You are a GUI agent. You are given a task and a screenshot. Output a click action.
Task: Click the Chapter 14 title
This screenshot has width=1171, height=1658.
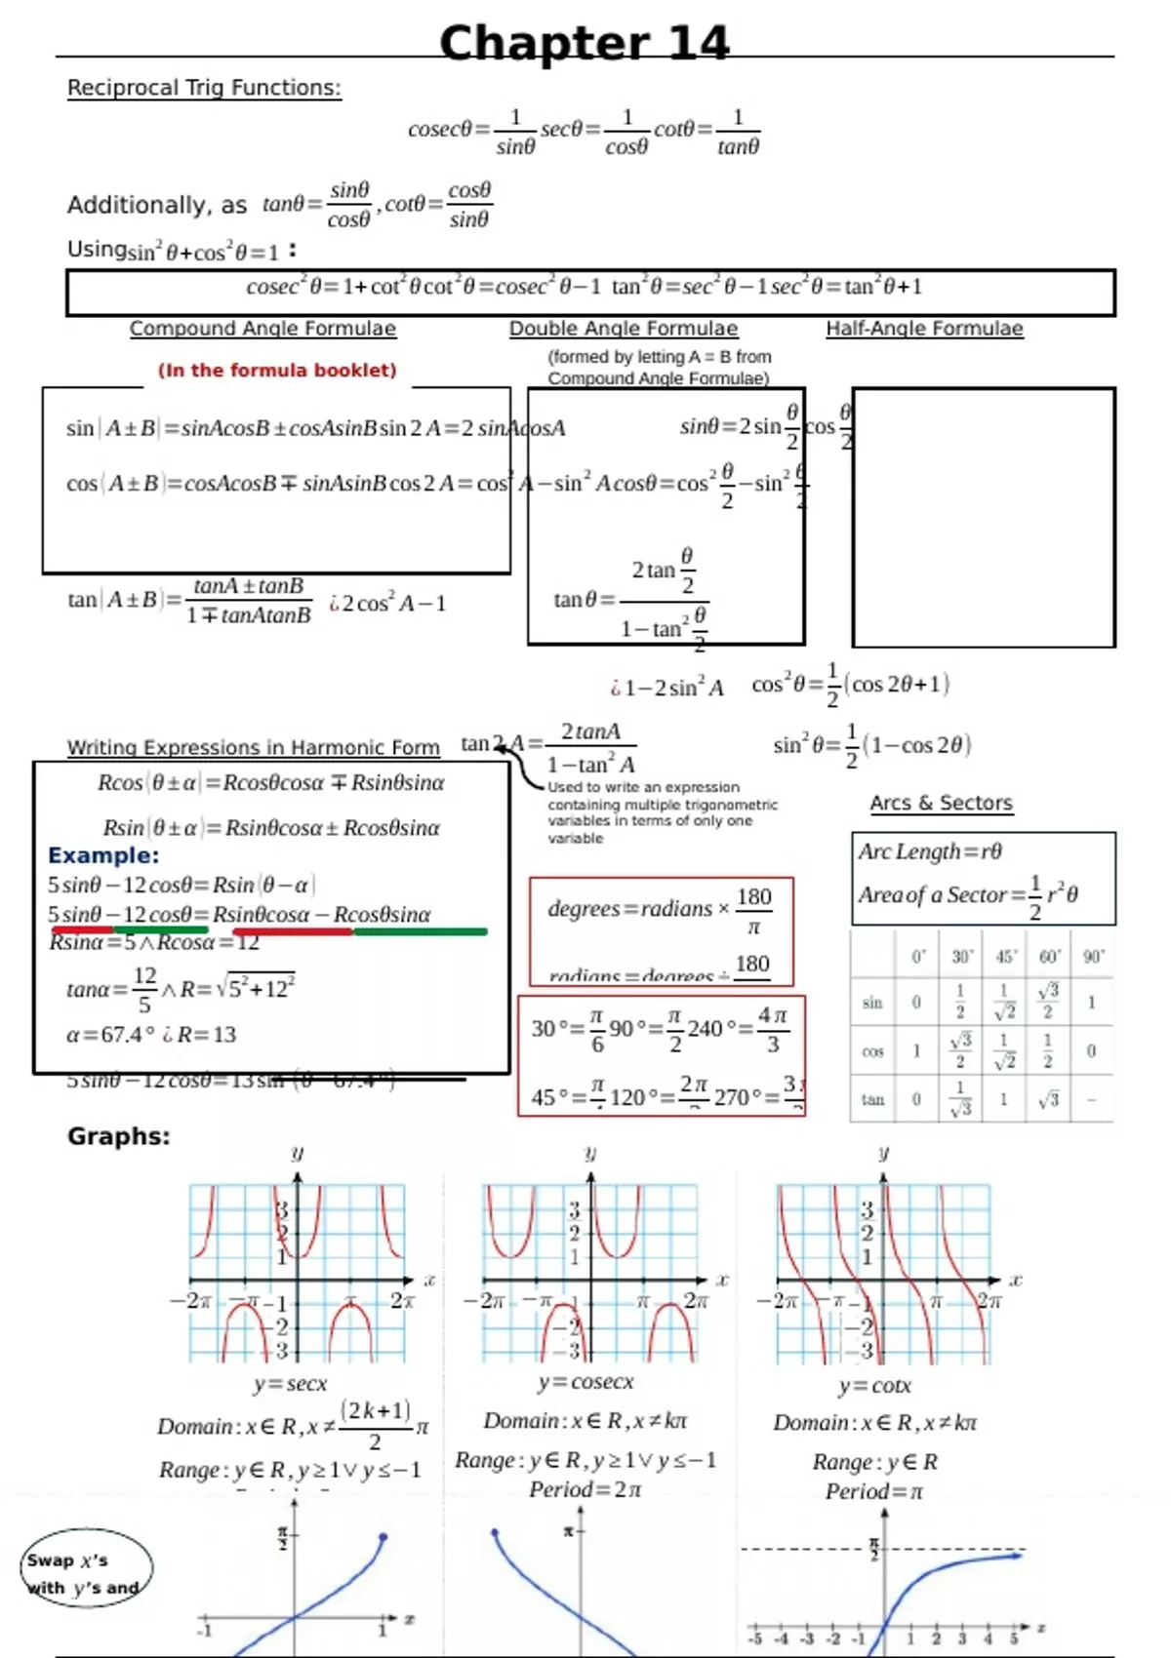[584, 44]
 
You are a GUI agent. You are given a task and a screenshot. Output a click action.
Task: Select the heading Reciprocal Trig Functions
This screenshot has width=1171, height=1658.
[204, 88]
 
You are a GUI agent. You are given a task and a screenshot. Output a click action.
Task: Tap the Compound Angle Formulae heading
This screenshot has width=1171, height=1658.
[262, 329]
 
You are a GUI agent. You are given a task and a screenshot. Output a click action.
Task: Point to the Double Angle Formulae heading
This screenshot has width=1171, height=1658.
[624, 329]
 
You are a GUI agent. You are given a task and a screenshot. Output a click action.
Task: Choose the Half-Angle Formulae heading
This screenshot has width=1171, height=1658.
[924, 329]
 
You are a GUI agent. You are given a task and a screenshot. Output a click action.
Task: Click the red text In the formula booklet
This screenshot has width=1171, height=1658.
[277, 371]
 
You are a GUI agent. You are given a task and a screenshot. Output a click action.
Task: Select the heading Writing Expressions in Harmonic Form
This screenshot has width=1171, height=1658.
[253, 747]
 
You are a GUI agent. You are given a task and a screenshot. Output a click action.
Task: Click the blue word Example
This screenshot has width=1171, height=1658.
[103, 855]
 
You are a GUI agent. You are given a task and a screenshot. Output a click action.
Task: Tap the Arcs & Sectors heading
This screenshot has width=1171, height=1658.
[941, 803]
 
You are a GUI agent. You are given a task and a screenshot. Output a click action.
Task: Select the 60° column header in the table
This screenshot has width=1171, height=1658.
[1049, 957]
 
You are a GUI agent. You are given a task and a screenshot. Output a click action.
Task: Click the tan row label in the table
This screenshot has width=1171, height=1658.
[872, 1099]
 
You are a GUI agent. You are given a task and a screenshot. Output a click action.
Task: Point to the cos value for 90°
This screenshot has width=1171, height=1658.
[1091, 1051]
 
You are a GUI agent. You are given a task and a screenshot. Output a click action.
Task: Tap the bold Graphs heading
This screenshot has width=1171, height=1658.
[118, 1136]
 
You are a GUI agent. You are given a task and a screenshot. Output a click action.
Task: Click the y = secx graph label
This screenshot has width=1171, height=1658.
[290, 1384]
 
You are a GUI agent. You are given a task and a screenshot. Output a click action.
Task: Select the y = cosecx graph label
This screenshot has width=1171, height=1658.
[585, 1382]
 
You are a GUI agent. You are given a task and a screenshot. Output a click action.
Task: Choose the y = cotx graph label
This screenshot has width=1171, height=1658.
[874, 1386]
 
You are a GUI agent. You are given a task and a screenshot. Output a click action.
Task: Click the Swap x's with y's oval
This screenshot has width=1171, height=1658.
[86, 1567]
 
